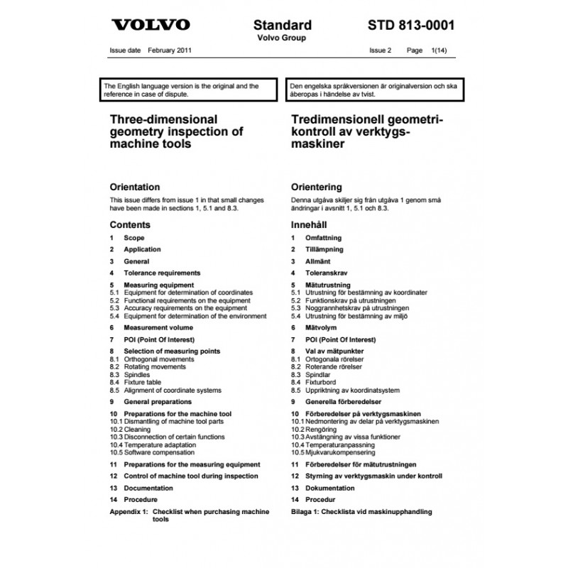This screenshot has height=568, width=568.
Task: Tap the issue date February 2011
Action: [x=170, y=51]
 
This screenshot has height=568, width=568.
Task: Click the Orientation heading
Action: [x=135, y=187]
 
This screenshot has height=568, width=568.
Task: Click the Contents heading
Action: [x=130, y=225]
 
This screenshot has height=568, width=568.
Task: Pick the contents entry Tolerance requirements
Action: [x=162, y=273]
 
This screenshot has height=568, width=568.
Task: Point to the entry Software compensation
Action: [x=158, y=452]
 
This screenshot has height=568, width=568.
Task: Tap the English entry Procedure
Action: [x=141, y=500]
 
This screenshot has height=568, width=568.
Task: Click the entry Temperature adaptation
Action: [x=159, y=444]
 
